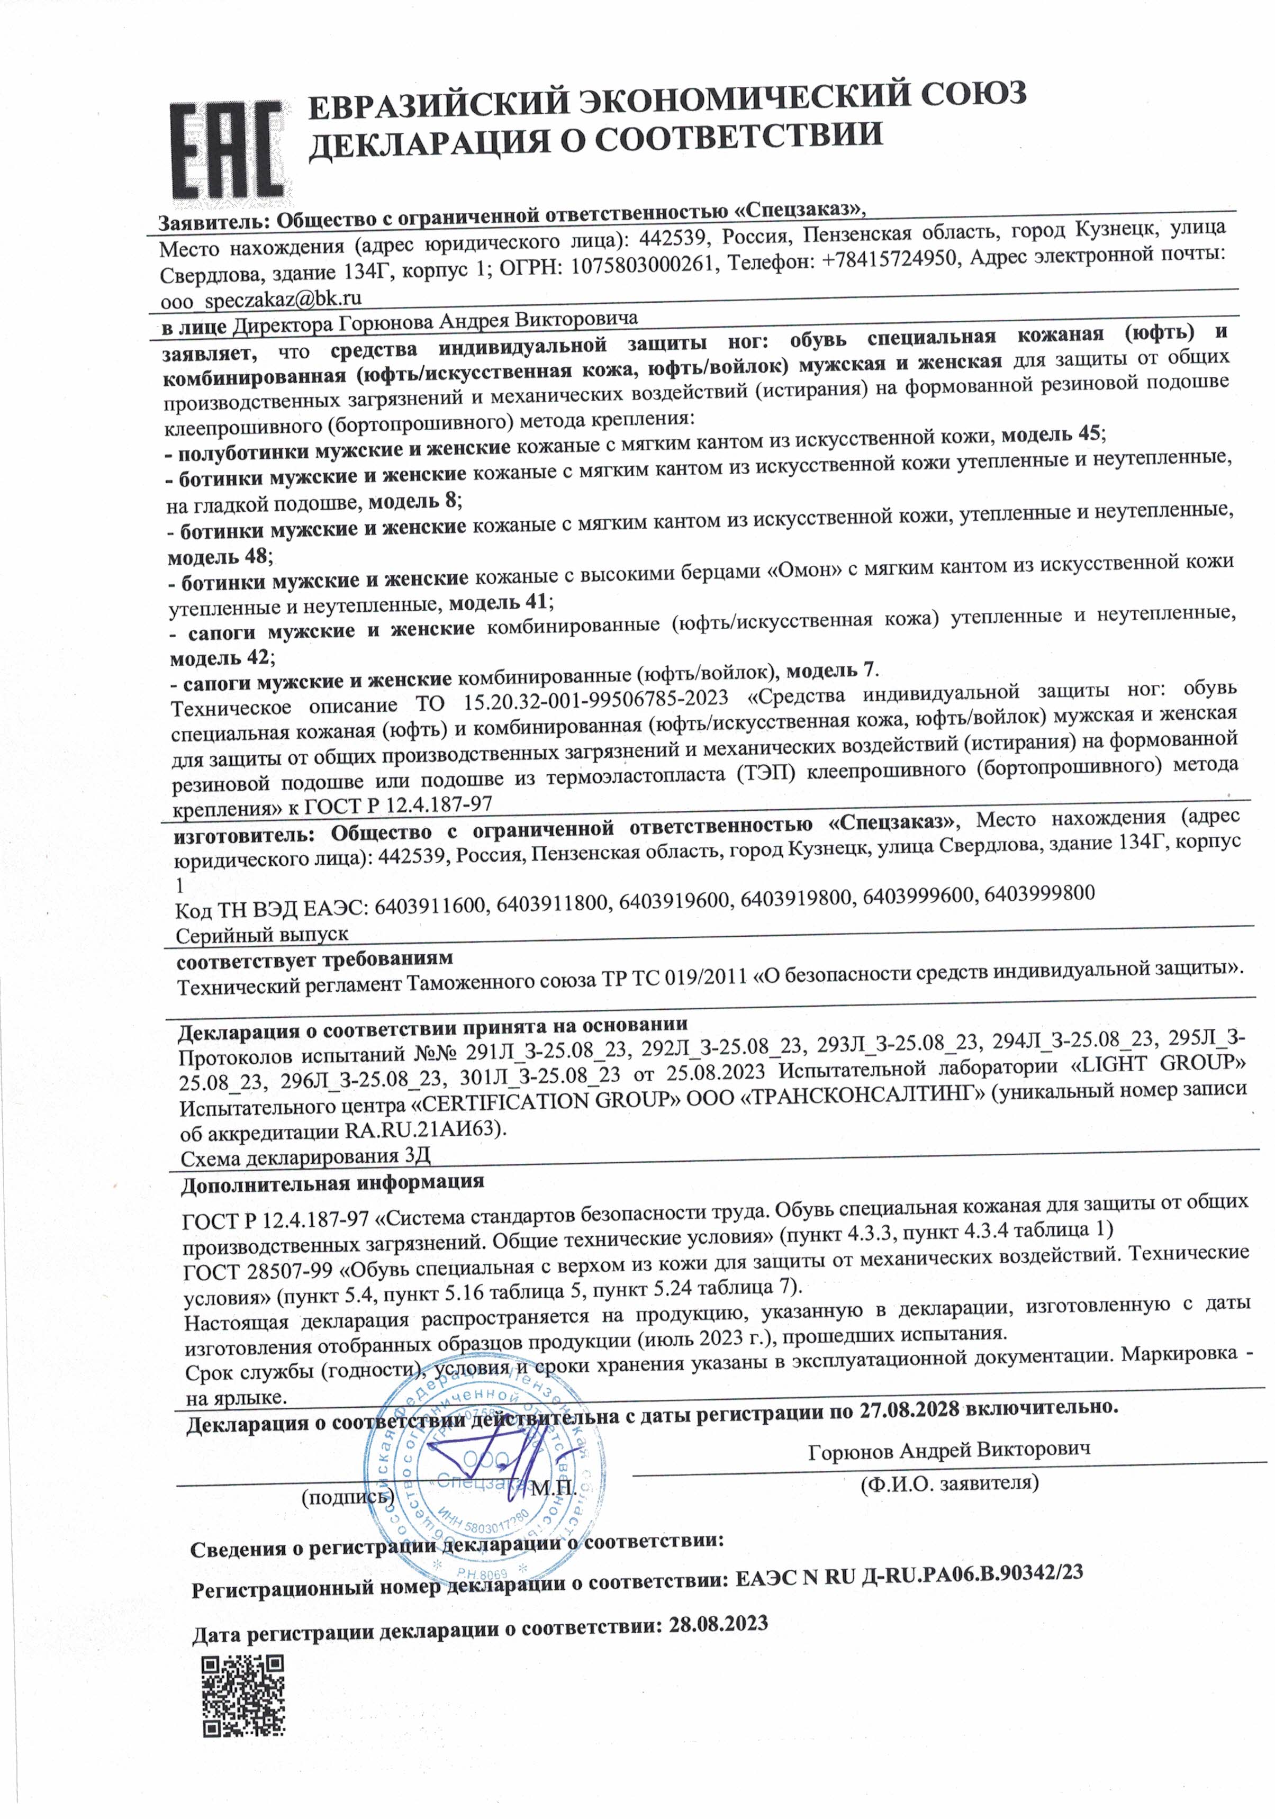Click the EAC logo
pyautogui.click(x=228, y=150)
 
